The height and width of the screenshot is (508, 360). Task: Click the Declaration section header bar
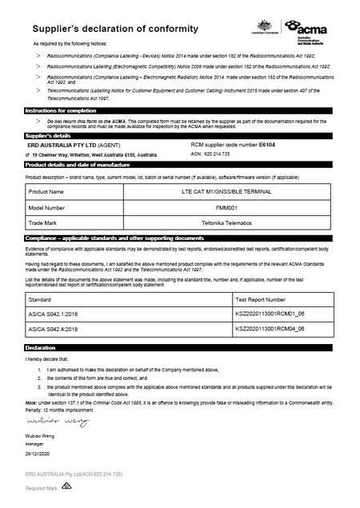click(x=180, y=348)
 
